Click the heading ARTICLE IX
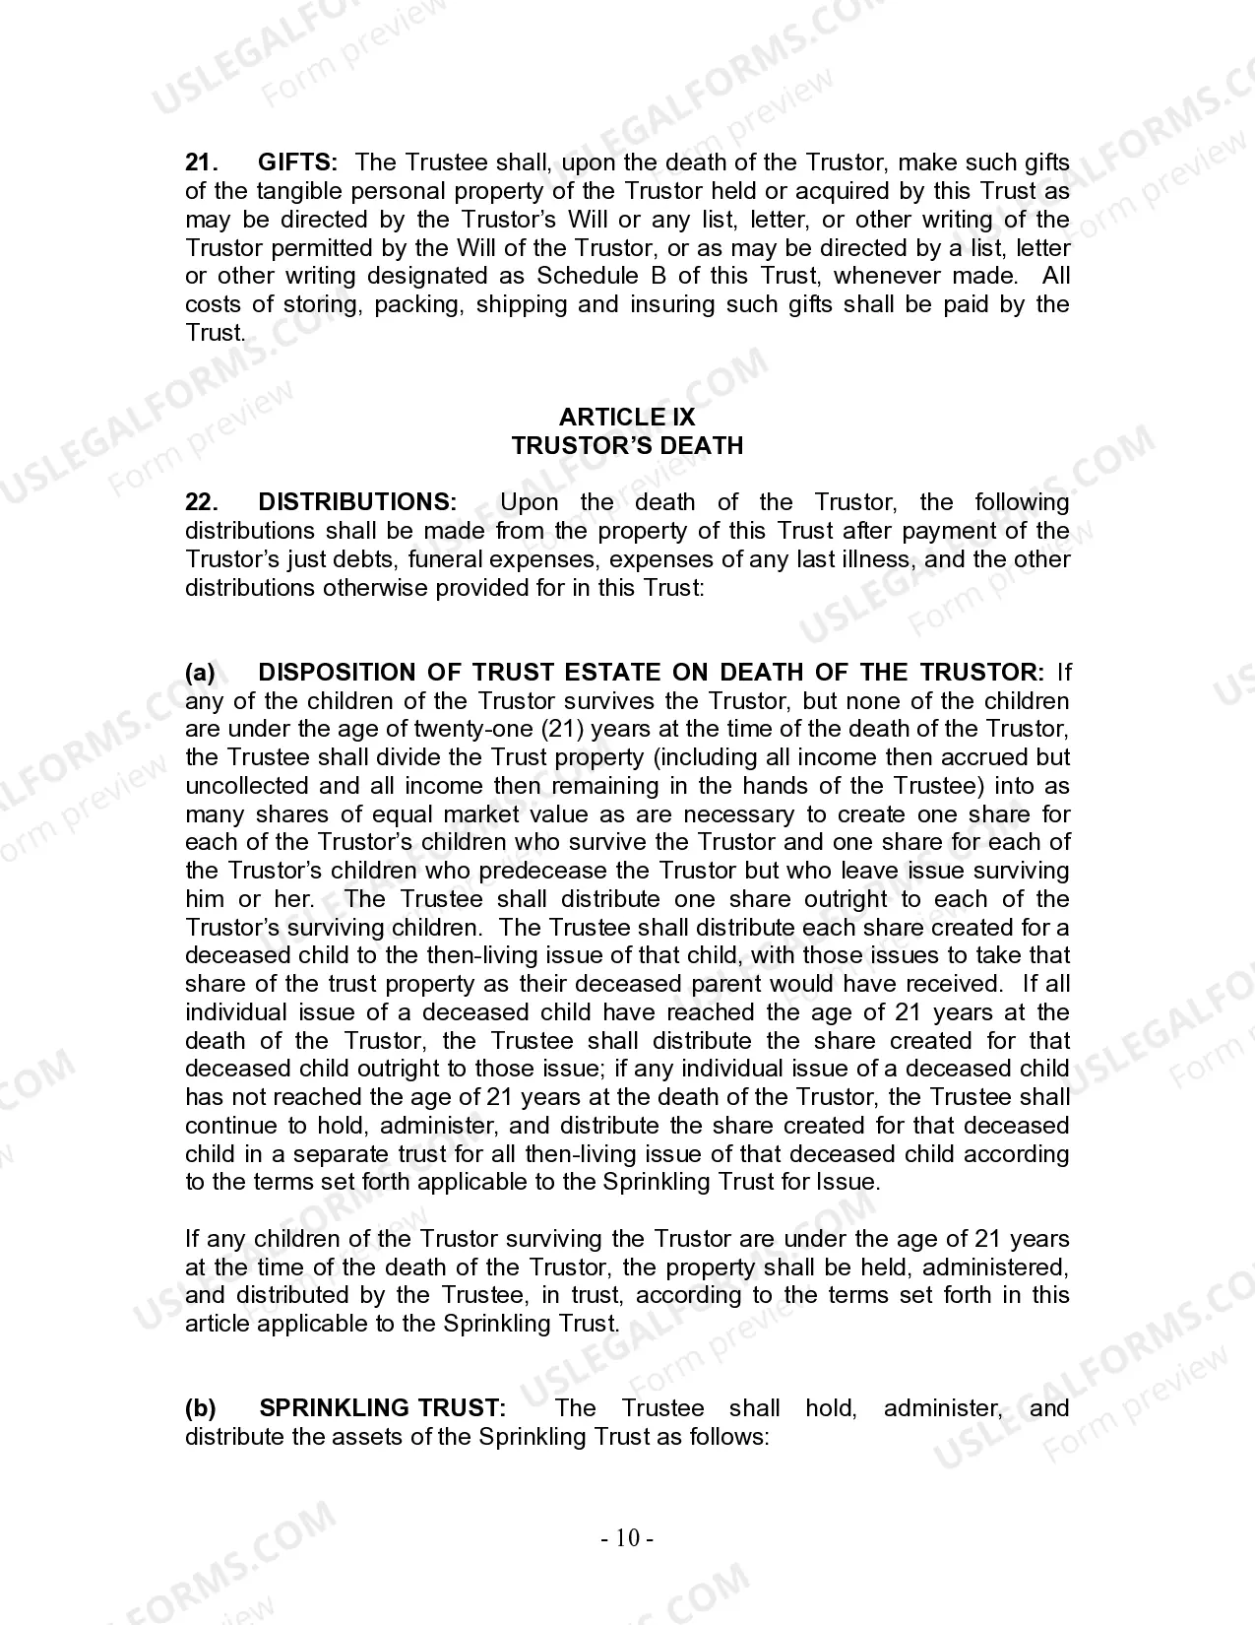pyautogui.click(x=627, y=418)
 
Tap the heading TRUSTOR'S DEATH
pyautogui.click(x=627, y=446)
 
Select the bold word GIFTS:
pyautogui.click(x=297, y=162)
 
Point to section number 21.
pyautogui.click(x=201, y=162)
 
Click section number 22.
pyautogui.click(x=201, y=502)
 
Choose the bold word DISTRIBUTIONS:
pyautogui.click(x=357, y=502)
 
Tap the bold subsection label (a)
pyautogui.click(x=201, y=673)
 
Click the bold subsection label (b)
pyautogui.click(x=201, y=1408)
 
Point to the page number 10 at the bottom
pyautogui.click(x=627, y=1538)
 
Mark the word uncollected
pyautogui.click(x=246, y=787)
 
